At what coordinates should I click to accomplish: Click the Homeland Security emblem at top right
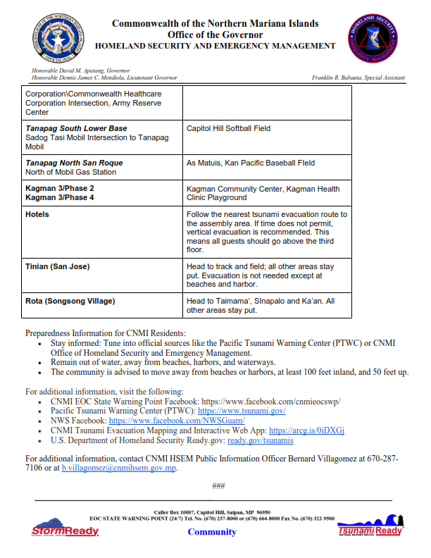tap(373, 39)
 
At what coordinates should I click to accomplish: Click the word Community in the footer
tap(212, 532)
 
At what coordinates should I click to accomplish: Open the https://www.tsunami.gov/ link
tap(241, 410)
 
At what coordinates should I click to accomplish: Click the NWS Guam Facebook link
tap(176, 420)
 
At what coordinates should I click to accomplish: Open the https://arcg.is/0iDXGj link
tap(306, 430)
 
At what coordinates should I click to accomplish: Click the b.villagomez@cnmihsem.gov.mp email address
tap(118, 468)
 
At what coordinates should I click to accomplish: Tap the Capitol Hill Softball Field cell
tap(228, 129)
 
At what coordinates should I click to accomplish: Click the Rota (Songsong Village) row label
tap(70, 301)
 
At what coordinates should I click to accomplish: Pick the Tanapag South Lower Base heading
tap(76, 129)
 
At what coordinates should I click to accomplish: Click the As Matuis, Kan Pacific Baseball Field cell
tap(250, 163)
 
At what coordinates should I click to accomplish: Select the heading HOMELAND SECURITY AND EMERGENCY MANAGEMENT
tap(215, 46)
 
